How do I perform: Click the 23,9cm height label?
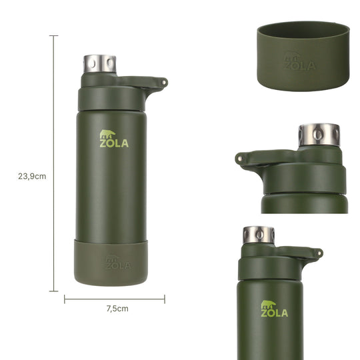point(32,176)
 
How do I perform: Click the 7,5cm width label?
point(117,309)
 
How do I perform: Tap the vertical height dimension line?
point(54,163)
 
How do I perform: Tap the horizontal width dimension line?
point(115,299)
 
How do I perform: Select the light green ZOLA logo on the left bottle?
point(114,139)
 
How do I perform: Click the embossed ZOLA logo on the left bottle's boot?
point(118,263)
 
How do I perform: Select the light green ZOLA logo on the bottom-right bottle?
point(275,309)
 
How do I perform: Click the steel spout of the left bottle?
point(99,63)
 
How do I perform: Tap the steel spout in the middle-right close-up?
point(319,135)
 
